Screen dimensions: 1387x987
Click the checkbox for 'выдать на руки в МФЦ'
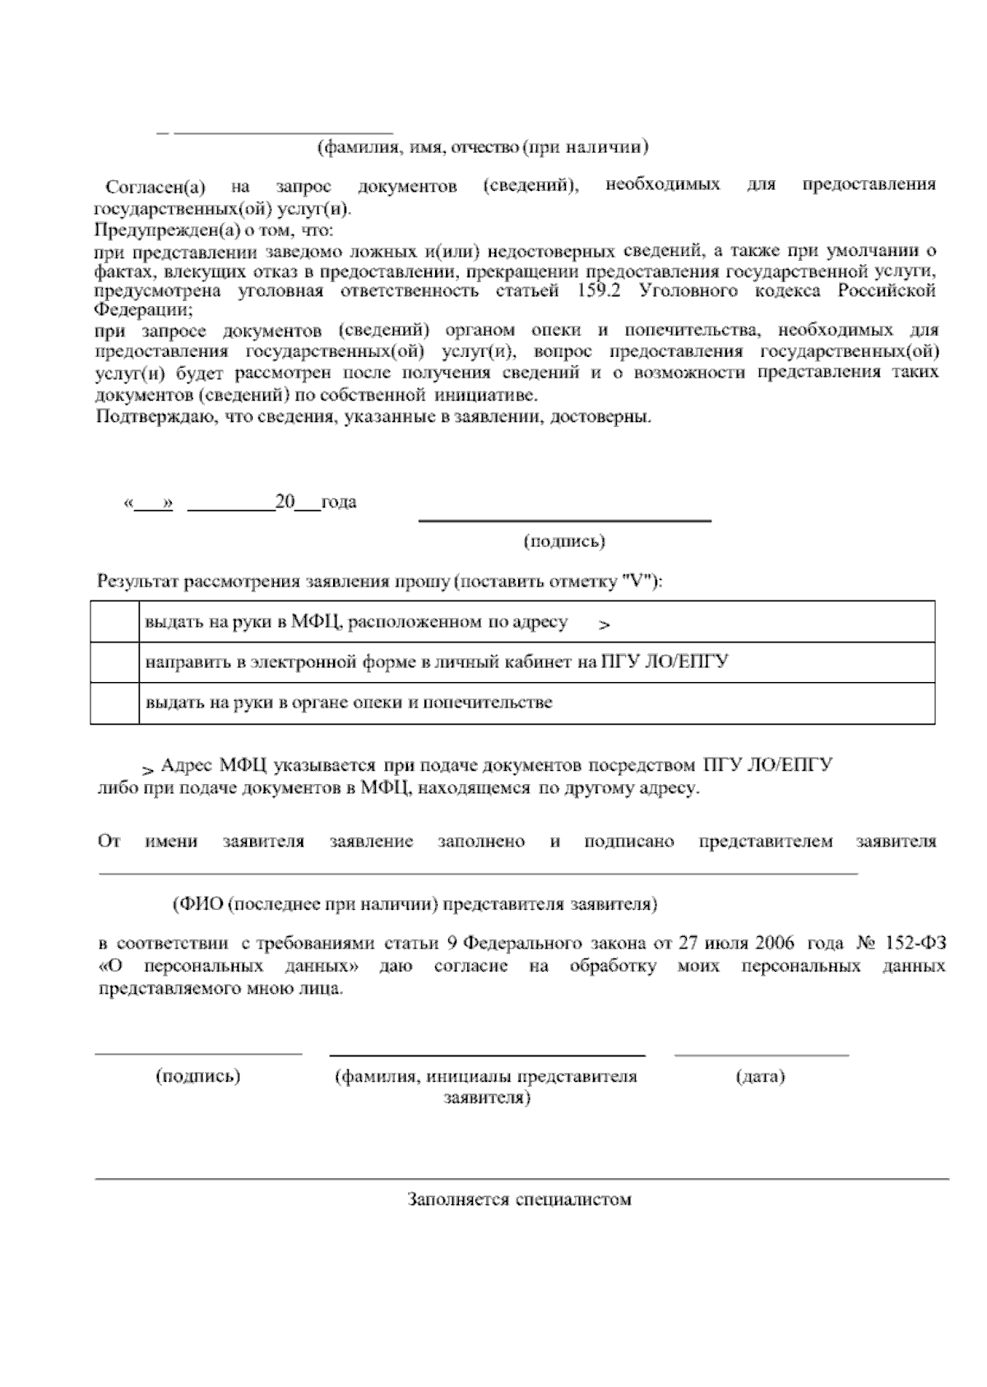click(114, 622)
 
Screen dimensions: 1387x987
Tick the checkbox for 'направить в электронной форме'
click(114, 662)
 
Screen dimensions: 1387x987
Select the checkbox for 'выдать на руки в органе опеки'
click(114, 703)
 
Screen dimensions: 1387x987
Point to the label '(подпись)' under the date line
click(564, 541)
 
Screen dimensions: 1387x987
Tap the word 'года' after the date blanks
click(339, 502)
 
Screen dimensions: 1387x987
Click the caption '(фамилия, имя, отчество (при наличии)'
click(483, 147)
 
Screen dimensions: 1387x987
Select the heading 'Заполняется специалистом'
click(520, 1199)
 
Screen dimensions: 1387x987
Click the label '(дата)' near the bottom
click(760, 1076)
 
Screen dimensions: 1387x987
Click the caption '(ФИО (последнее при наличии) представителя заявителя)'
click(415, 904)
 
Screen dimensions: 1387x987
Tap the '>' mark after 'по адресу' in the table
click(605, 626)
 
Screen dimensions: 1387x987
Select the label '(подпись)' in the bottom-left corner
click(198, 1076)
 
